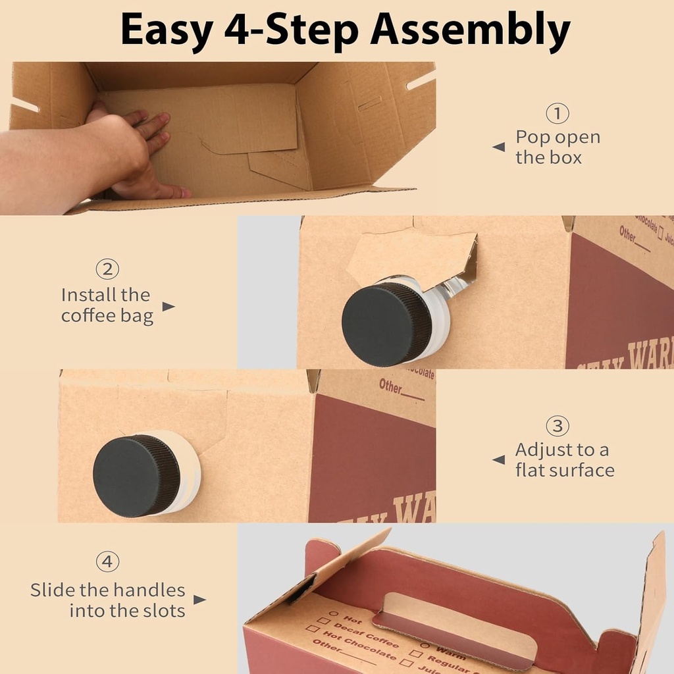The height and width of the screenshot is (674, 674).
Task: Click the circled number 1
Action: click(557, 114)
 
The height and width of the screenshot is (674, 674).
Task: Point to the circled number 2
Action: click(107, 269)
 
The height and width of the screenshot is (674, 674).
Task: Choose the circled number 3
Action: click(557, 426)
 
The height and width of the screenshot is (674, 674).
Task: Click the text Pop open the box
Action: click(557, 147)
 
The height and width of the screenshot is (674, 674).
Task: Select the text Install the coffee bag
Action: click(107, 305)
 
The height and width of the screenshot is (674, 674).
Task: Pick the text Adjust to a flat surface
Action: click(564, 460)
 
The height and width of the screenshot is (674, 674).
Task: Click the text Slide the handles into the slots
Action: click(108, 600)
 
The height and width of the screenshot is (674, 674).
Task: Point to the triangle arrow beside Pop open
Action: click(499, 147)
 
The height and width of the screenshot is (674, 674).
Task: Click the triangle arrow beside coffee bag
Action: click(168, 307)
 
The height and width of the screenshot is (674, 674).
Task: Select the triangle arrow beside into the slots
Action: click(199, 600)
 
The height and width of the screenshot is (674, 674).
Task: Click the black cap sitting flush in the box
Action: click(136, 475)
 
